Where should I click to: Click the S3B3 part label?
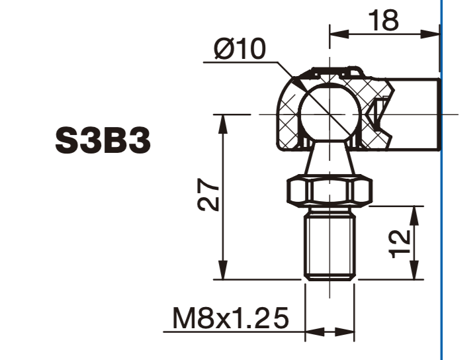pos(103,141)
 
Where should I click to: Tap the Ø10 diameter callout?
pos(240,49)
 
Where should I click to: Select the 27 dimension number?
pos(208,195)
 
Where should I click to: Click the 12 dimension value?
pos(400,244)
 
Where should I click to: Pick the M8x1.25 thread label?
pos(230,318)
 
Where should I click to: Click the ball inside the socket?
pos(329,114)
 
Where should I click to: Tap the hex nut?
pos(329,191)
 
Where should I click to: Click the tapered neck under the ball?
pos(329,159)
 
